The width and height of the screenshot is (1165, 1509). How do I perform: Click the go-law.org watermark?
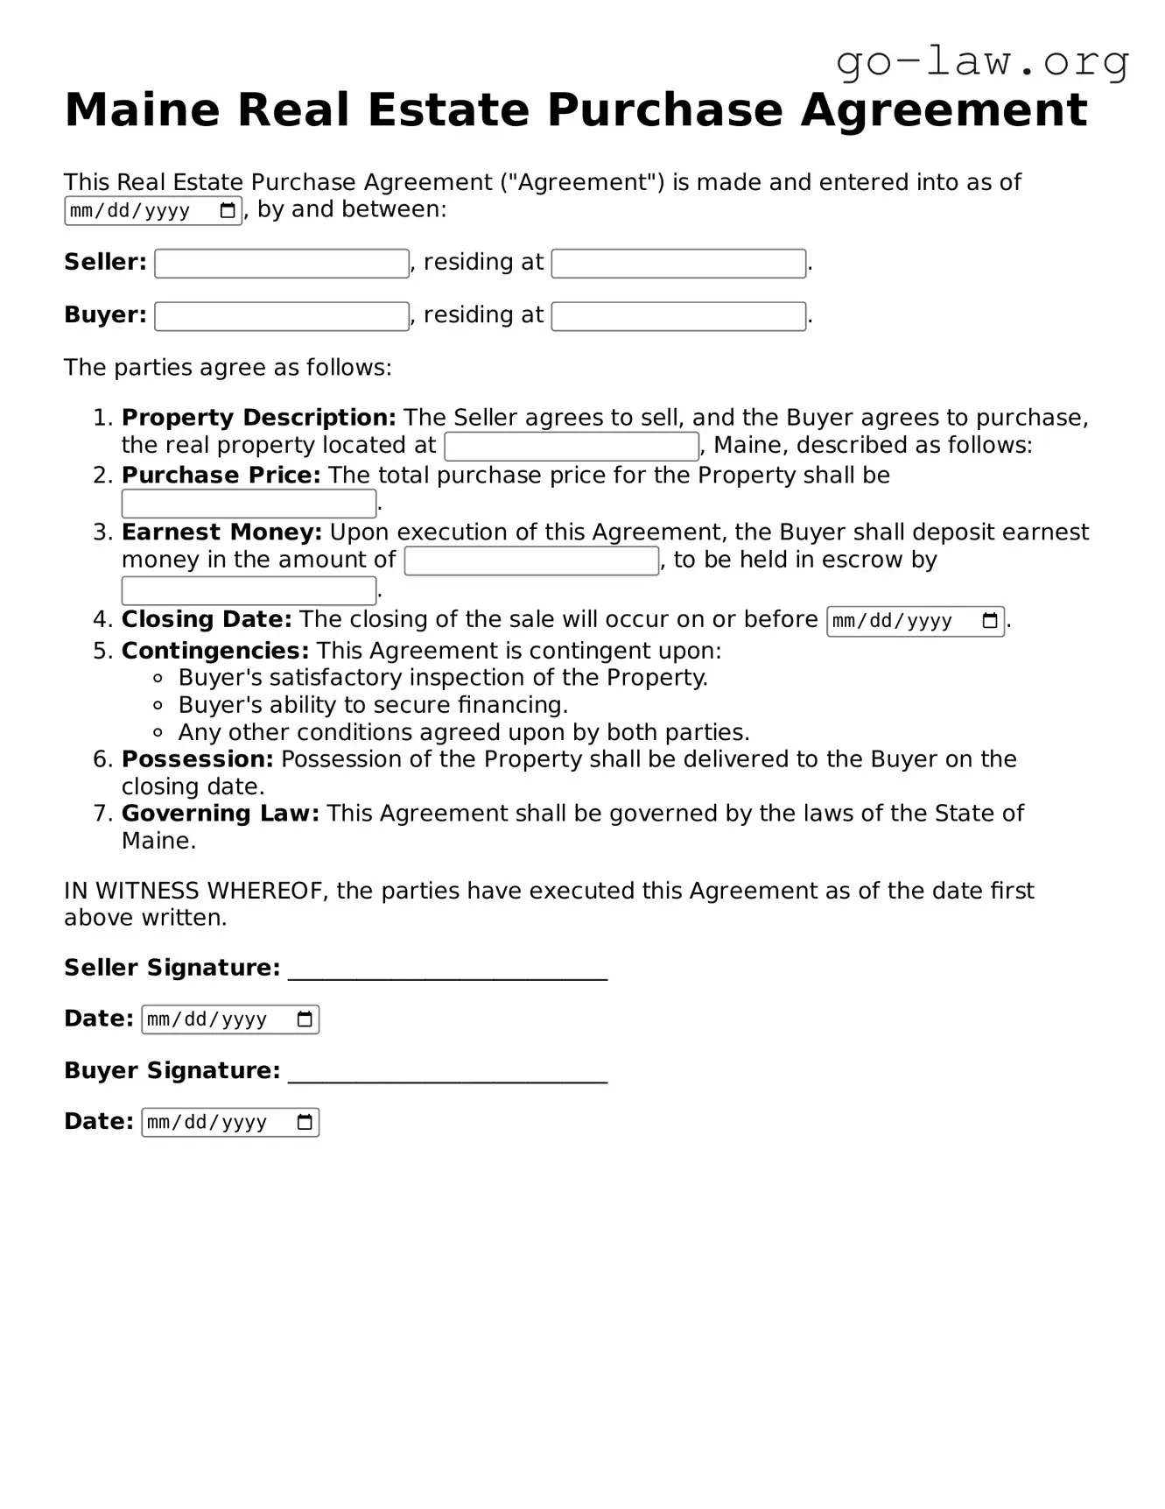(x=982, y=61)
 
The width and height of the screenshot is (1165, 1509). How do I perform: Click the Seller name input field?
(x=282, y=264)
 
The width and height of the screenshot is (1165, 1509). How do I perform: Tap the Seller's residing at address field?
(x=678, y=264)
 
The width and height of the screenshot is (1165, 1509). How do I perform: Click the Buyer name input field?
(x=282, y=316)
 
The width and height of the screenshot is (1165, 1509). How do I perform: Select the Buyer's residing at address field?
(x=678, y=316)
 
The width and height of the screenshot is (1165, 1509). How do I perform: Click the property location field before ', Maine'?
(x=572, y=447)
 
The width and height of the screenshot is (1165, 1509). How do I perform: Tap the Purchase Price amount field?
(x=249, y=504)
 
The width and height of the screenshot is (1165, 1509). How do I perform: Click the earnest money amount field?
(x=531, y=561)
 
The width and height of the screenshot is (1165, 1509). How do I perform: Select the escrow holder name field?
(x=249, y=591)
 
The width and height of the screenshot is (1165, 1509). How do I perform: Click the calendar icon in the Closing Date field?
(x=990, y=621)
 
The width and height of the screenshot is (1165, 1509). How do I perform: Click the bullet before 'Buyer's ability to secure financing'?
(x=158, y=705)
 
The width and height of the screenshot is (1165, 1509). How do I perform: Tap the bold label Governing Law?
(x=221, y=814)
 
